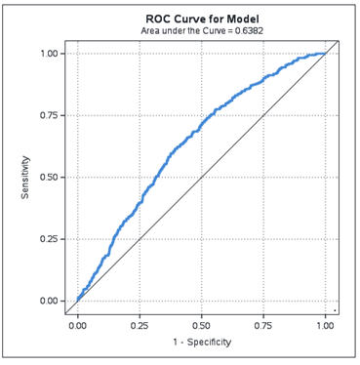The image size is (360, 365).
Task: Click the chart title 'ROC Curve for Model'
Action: pos(201,19)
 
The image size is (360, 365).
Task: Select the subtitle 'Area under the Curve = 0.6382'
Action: pos(201,31)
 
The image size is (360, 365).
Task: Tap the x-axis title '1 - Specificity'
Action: pos(201,343)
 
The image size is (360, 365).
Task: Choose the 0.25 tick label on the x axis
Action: pos(140,326)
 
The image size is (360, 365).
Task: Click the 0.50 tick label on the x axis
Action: pos(201,326)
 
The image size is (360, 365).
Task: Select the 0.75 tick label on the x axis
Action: pos(263,326)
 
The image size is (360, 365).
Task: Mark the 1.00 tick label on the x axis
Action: pos(325,326)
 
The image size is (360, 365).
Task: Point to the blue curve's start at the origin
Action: pos(78,300)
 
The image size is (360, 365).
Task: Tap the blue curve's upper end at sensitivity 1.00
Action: pos(324,54)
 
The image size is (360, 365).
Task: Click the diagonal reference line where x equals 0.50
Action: pos(201,178)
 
